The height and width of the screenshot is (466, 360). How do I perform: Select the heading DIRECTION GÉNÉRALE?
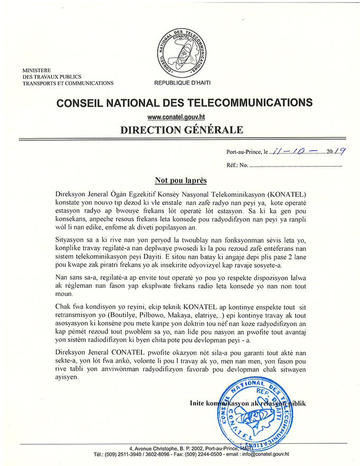181,129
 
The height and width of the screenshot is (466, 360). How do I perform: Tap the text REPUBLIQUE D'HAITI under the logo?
181,83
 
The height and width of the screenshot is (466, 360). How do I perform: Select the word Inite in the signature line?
199,404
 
